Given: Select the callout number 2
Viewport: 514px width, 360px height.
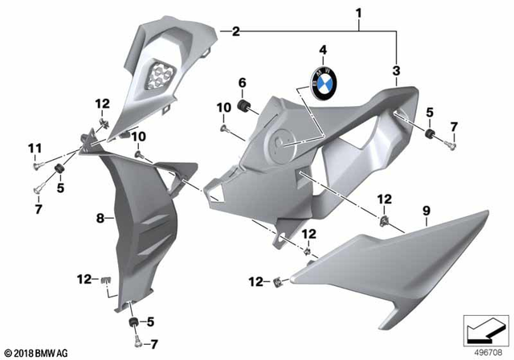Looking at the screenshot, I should click(x=235, y=33).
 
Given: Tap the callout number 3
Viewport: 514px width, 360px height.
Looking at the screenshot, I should click(x=396, y=72).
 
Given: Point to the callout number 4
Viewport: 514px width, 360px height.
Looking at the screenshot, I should click(x=323, y=50).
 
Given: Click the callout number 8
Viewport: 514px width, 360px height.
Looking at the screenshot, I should click(x=101, y=218).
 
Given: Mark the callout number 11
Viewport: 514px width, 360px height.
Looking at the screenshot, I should click(x=35, y=147).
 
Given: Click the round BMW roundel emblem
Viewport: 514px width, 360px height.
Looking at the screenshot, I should click(x=324, y=81).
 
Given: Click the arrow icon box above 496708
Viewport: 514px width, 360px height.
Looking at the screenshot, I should click(x=484, y=329).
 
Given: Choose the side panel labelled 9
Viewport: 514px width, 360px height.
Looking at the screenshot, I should click(x=394, y=257).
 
